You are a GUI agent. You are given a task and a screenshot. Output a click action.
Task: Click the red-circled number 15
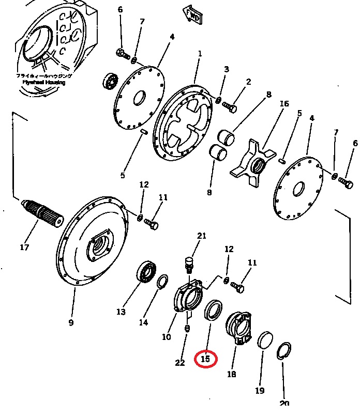(x=206, y=358)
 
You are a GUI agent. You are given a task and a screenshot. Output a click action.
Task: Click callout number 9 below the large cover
(x=71, y=323)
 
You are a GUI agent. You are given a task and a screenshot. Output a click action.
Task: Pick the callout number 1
(x=200, y=54)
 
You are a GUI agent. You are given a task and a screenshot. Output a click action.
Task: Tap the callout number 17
(x=24, y=247)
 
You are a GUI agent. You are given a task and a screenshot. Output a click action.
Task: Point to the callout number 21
(x=201, y=237)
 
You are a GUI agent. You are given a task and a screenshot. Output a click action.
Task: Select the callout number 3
(x=226, y=69)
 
